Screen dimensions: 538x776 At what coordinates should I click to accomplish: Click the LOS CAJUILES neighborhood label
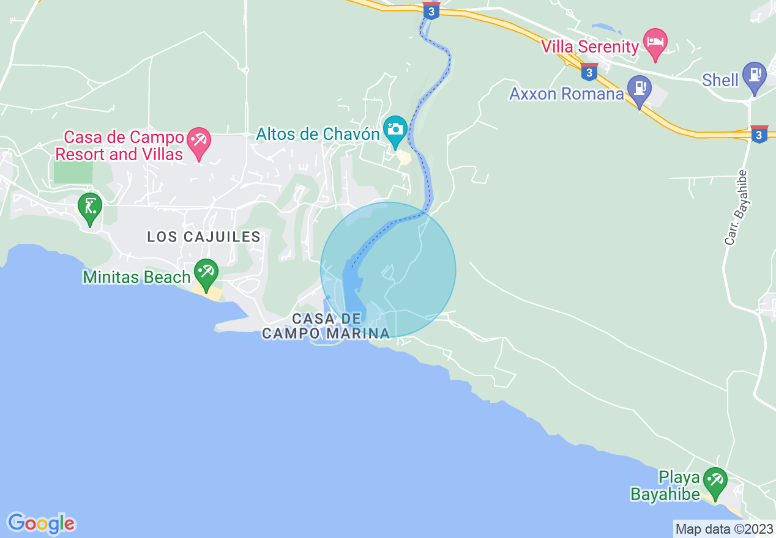[x=204, y=237]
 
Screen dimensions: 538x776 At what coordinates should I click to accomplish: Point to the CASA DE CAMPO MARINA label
[x=326, y=326]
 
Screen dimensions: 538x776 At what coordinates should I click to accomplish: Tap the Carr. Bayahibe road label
[x=736, y=208]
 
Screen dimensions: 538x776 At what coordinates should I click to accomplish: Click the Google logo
[x=41, y=523]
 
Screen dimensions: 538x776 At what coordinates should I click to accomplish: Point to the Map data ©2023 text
[x=724, y=529]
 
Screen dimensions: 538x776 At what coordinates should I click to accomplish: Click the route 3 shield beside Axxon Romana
[x=589, y=72]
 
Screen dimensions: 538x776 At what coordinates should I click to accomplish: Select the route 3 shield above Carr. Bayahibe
[x=759, y=134]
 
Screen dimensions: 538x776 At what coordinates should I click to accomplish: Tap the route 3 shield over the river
[x=431, y=10]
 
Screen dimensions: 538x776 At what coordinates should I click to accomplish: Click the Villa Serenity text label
[x=590, y=46]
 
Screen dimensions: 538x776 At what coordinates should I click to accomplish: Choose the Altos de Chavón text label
[x=318, y=134]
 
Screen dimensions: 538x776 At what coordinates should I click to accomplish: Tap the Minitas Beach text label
[x=137, y=277]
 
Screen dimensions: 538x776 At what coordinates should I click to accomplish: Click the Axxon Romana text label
[x=567, y=94]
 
